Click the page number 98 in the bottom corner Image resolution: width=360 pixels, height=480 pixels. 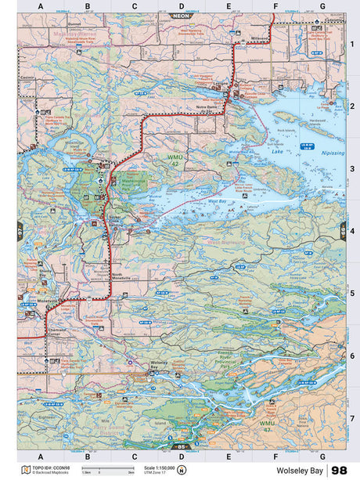click(340, 470)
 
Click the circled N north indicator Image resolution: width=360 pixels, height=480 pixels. click(182, 471)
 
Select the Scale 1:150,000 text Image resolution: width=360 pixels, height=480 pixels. click(160, 467)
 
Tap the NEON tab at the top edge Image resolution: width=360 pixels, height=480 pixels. click(181, 15)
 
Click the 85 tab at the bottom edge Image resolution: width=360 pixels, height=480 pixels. click(181, 447)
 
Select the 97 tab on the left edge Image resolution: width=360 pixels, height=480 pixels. click(20, 231)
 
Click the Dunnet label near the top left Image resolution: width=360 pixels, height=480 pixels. click(75, 46)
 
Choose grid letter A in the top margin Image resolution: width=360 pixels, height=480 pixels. click(41, 6)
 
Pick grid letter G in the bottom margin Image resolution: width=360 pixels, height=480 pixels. click(322, 456)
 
